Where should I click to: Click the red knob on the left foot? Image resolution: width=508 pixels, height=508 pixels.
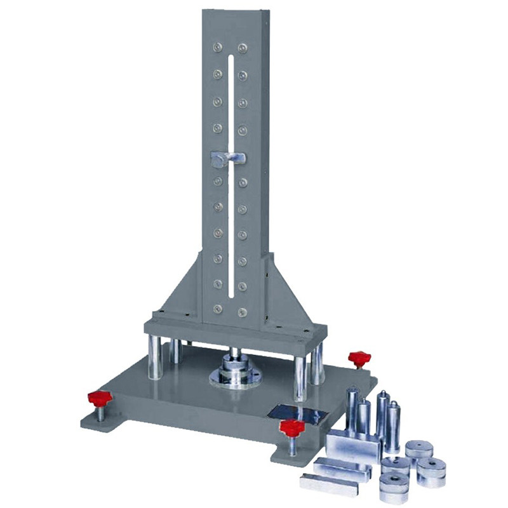click(x=100, y=399)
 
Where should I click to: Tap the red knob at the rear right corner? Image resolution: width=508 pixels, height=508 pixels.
click(x=358, y=358)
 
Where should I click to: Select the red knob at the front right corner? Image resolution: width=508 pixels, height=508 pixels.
click(x=292, y=427)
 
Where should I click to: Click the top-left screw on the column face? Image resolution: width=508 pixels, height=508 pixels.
click(x=217, y=47)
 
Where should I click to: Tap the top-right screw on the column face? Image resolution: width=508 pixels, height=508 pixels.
click(x=243, y=47)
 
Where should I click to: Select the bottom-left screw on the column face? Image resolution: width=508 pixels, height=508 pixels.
click(x=217, y=310)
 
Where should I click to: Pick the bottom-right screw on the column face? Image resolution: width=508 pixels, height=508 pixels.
click(x=243, y=311)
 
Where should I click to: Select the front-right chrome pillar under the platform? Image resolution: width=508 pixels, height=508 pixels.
click(x=300, y=378)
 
